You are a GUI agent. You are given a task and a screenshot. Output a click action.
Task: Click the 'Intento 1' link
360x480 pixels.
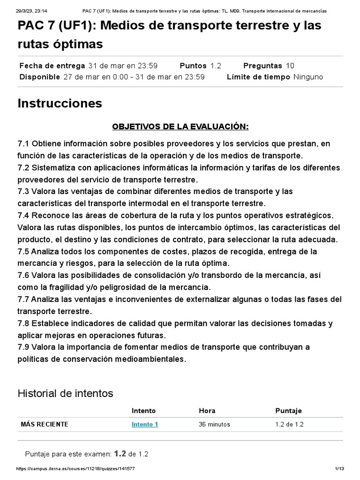tap(145, 424)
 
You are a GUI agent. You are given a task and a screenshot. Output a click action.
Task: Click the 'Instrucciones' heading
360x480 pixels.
tap(60, 103)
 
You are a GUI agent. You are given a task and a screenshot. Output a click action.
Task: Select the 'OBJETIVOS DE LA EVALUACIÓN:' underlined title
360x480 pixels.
tap(180, 127)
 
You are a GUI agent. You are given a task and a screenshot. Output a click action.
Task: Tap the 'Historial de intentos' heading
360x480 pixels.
tap(65, 393)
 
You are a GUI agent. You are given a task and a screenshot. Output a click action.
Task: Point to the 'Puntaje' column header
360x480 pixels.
tap(289, 411)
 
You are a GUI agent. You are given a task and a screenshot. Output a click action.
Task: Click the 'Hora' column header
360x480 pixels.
tap(207, 411)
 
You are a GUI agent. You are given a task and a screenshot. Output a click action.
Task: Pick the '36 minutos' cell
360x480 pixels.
tap(214, 424)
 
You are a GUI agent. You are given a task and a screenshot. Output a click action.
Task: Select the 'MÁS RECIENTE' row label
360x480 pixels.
tap(45, 424)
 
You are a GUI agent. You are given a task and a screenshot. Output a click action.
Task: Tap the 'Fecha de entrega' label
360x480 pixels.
tap(52, 66)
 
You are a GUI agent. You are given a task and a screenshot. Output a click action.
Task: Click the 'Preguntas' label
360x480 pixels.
tap(262, 66)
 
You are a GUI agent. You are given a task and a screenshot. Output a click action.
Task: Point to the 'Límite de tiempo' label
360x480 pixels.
tap(258, 77)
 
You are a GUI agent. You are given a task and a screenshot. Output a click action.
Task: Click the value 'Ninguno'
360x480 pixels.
tap(308, 77)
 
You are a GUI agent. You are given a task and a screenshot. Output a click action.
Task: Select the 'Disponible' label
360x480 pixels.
tap(39, 77)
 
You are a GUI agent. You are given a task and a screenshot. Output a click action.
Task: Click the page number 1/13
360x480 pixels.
tap(339, 469)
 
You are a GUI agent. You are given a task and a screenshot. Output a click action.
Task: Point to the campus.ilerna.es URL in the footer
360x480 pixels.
tap(76, 469)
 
